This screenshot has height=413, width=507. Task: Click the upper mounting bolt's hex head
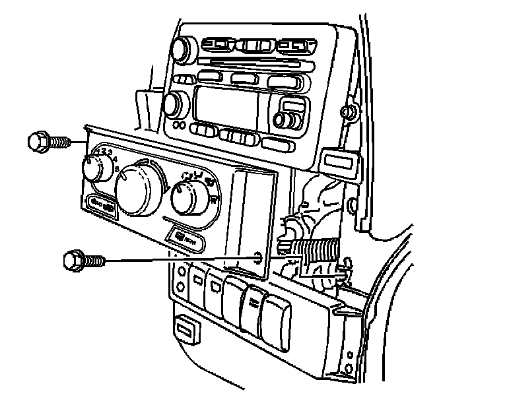[38, 141]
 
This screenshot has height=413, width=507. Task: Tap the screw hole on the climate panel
[257, 255]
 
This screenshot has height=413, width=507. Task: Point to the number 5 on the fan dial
[117, 170]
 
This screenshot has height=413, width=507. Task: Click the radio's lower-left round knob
[173, 104]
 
